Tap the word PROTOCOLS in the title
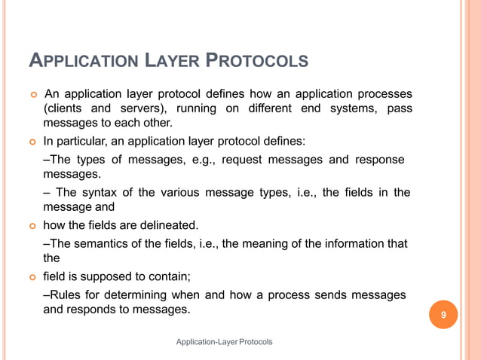click(x=257, y=61)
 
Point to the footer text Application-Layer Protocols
click(x=224, y=343)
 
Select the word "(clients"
click(x=63, y=108)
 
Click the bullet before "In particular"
click(x=33, y=141)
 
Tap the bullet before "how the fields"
click(x=33, y=226)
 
